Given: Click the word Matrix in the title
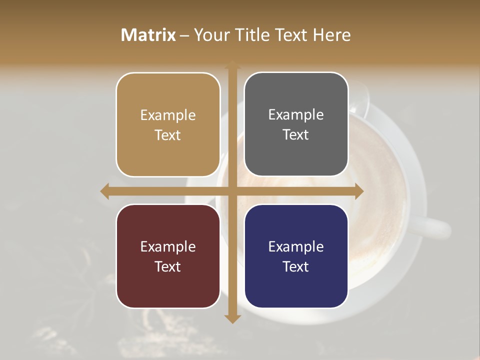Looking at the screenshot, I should tap(148, 35).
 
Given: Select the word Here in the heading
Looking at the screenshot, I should tap(332, 35).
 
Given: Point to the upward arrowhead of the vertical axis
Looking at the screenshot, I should tap(232, 64).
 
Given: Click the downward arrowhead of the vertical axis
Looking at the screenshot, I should tap(232, 318).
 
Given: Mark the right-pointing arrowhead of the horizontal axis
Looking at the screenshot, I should tap(359, 191).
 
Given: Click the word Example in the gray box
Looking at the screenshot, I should tap(296, 115).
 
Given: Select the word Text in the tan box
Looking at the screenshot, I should tap(168, 135).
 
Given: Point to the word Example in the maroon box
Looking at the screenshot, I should tap(168, 246).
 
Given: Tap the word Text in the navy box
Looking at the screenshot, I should tap(296, 266).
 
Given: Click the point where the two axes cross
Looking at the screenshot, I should tap(232, 191).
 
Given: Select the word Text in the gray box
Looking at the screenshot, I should tap(296, 134).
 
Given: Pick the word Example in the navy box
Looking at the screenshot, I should tap(296, 246).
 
